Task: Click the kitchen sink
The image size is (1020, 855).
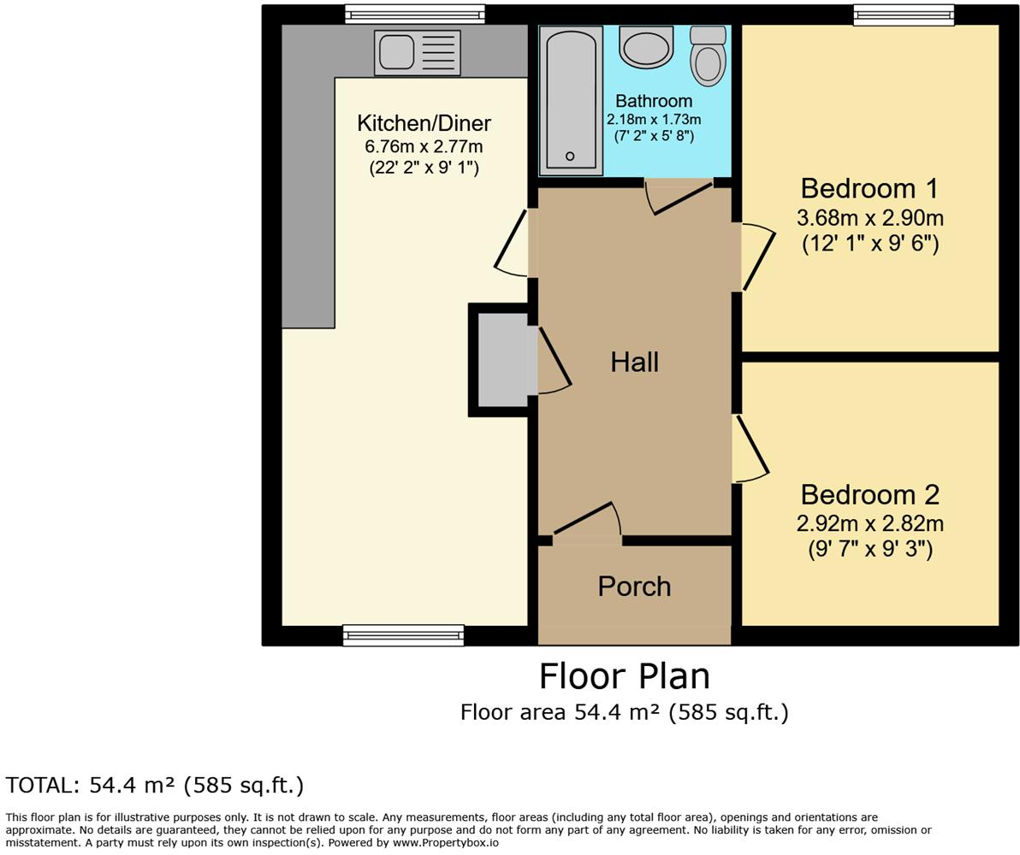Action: pos(417,52)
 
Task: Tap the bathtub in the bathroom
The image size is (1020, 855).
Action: pos(570,100)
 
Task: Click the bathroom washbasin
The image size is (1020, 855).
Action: pos(646,48)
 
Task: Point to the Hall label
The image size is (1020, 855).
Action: pos(634,363)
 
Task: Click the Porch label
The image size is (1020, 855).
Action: pos(634,587)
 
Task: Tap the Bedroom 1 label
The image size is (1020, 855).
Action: pos(869,188)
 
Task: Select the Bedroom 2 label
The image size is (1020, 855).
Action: pos(869,494)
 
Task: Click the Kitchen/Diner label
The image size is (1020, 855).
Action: pos(424,123)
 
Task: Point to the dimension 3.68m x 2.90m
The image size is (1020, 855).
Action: pos(869,217)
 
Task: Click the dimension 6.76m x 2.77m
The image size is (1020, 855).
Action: pos(424,146)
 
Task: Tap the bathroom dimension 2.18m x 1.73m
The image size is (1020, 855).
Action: pos(654,120)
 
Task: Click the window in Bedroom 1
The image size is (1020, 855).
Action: pos(903,15)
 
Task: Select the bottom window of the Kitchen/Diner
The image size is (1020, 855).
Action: pos(403,635)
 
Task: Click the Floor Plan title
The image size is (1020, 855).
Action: pos(624,676)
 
